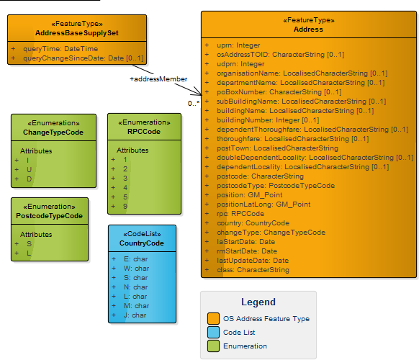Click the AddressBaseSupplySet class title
77,33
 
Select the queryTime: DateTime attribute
60,48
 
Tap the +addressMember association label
158,79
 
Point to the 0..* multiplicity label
193,104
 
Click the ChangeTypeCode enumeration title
53,132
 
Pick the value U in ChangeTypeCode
29,168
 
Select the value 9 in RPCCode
125,206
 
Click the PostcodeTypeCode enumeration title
50,215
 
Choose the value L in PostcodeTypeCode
29,253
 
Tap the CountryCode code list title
142,243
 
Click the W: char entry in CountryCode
136,268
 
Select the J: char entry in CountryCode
135,315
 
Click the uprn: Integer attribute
238,45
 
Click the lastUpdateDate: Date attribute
253,260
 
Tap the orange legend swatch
213,318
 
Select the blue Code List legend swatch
213,332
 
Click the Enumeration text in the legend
245,346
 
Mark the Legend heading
258,302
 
